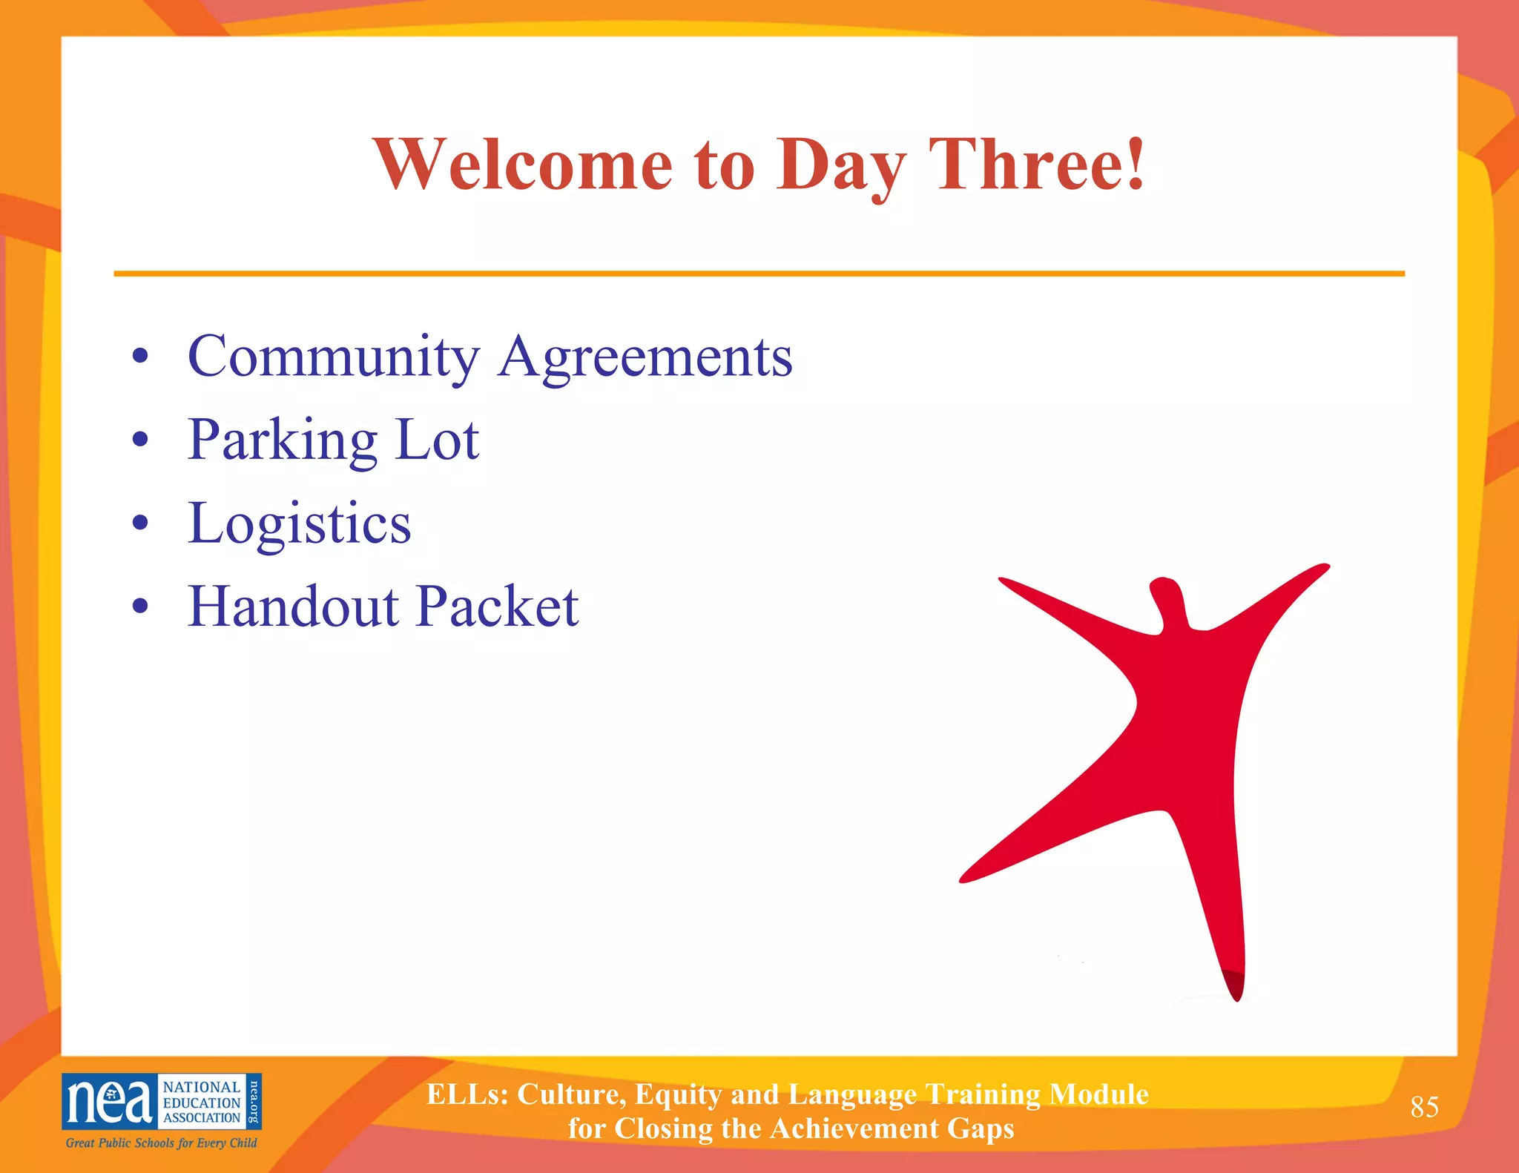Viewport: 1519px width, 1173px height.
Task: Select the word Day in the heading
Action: pos(842,168)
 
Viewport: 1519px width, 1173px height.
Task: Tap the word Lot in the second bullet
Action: pos(438,440)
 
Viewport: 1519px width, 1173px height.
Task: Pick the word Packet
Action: pos(498,607)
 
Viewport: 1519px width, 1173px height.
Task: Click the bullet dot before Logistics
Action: pos(140,523)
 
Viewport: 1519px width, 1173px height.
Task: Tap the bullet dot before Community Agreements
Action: pos(140,357)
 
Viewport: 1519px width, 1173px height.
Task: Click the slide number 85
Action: pos(1424,1107)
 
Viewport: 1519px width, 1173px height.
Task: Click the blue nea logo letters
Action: pos(109,1101)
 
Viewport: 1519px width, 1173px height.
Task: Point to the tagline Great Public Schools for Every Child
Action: pos(161,1143)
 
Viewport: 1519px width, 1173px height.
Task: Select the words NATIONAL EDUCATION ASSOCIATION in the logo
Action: pos(202,1102)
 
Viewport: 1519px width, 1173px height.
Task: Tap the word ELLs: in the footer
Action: pos(467,1094)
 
